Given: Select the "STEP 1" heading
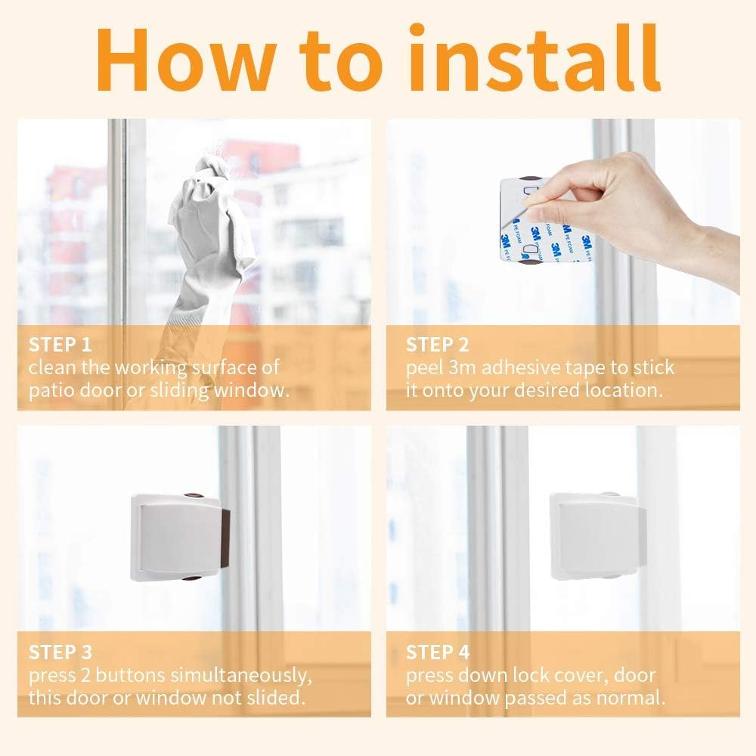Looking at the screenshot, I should tap(60, 345).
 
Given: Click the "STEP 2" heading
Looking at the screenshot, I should tap(437, 345).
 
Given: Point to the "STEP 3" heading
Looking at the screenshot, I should tap(60, 652).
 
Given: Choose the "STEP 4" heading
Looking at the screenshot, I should tap(438, 652).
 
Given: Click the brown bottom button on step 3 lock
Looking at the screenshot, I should tap(192, 578).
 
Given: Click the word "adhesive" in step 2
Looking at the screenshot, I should tap(519, 369).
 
